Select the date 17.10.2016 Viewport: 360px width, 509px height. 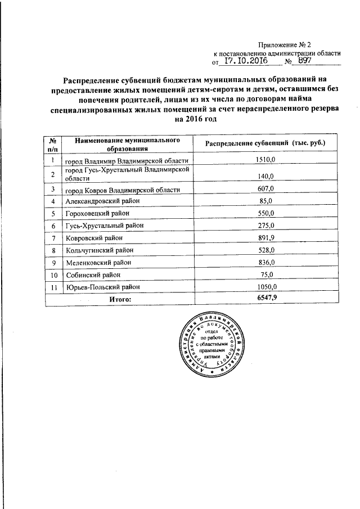point(246,61)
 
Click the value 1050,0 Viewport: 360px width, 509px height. point(265,287)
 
